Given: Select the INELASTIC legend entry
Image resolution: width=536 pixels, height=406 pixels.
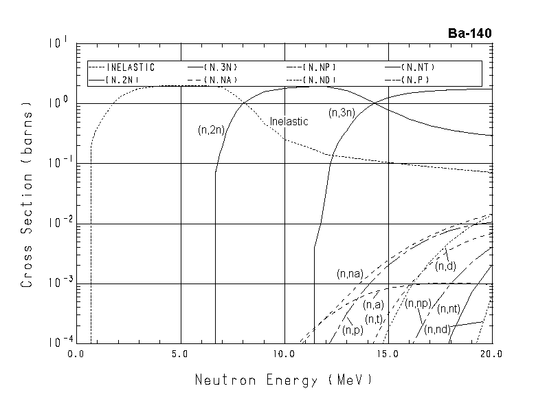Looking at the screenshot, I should click(x=122, y=67).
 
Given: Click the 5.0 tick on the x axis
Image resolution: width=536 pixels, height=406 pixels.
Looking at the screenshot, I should click(x=180, y=354).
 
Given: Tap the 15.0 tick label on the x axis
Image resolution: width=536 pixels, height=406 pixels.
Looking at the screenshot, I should click(x=389, y=354).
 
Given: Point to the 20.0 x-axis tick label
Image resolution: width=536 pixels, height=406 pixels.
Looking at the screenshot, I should click(x=492, y=354).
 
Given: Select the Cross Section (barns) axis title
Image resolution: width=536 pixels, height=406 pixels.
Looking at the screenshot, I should click(x=28, y=195).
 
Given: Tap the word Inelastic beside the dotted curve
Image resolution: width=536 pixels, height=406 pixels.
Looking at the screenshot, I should click(x=289, y=121).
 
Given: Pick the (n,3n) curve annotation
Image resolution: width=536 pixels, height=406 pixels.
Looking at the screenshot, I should click(x=340, y=111).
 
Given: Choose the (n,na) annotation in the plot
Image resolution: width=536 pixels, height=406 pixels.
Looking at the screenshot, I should click(x=350, y=274).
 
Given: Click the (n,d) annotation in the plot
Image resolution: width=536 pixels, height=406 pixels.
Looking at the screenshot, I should click(x=445, y=266).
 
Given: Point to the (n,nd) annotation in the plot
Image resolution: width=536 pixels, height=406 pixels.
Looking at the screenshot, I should click(x=436, y=330).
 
